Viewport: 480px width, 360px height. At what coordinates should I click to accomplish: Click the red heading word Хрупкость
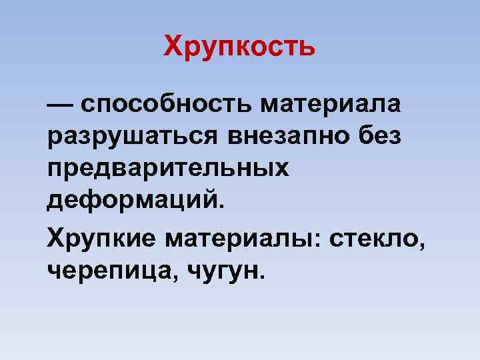click(239, 47)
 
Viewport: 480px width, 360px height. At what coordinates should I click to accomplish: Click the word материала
click(332, 105)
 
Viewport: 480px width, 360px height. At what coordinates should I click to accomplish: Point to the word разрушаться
click(133, 137)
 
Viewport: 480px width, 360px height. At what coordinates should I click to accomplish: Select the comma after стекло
click(421, 245)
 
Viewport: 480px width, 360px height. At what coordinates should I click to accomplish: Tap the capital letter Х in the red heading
click(173, 47)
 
